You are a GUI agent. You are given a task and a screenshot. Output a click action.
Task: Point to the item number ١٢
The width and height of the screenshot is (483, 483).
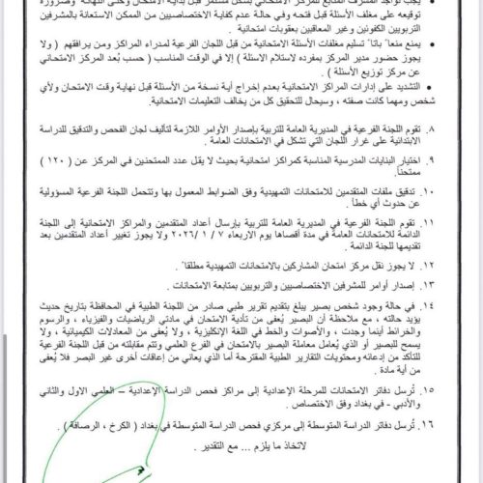tap(468, 288)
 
